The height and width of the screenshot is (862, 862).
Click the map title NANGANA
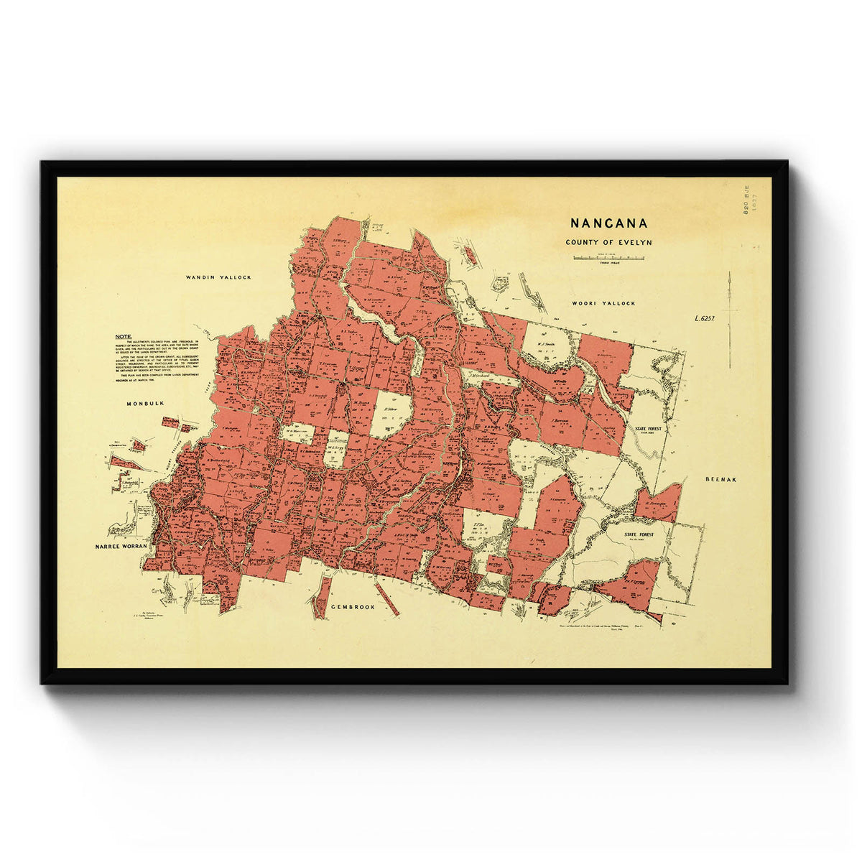tap(608, 223)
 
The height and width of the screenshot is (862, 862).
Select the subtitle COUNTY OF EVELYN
tap(608, 242)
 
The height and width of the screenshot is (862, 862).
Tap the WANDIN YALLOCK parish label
tap(218, 277)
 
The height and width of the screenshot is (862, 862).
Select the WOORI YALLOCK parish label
tap(603, 303)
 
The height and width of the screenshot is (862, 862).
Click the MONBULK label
tap(146, 404)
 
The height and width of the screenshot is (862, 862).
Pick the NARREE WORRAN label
tap(121, 547)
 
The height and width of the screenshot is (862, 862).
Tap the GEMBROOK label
tap(353, 607)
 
